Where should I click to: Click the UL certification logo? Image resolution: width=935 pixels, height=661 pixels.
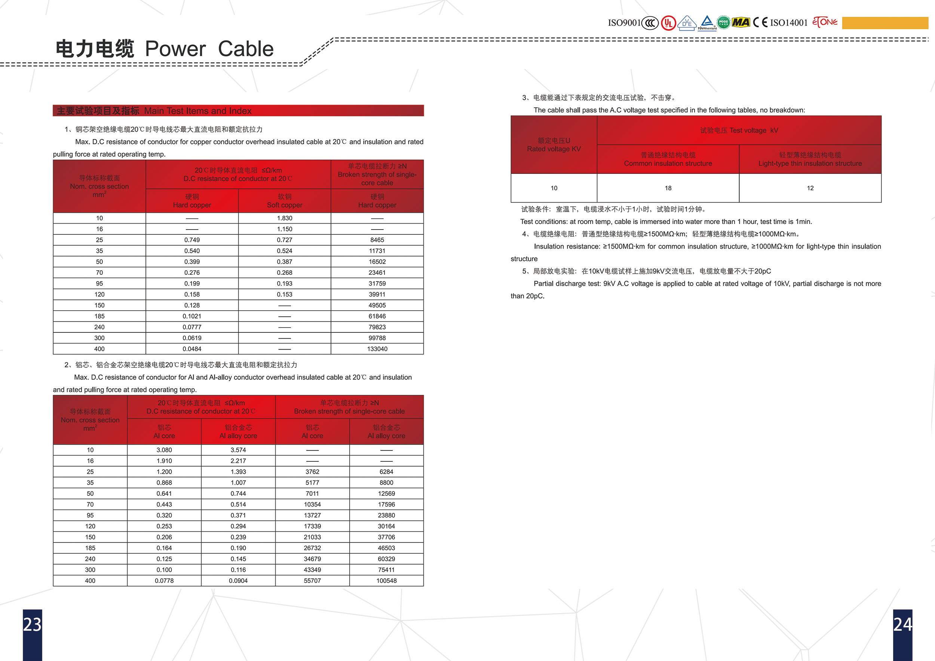tap(668, 23)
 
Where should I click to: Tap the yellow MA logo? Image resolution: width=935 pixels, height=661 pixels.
tap(741, 22)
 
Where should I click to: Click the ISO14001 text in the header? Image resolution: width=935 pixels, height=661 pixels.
tap(788, 23)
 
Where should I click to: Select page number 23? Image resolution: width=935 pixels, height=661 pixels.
tap(32, 624)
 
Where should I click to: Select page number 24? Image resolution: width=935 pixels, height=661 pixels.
tap(902, 624)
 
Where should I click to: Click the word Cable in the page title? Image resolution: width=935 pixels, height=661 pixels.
tap(246, 49)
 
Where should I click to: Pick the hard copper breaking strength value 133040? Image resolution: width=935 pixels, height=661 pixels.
tap(377, 349)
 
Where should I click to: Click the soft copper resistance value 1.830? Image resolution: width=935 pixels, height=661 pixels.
tap(284, 218)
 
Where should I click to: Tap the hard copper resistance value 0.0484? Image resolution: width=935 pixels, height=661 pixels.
tap(192, 349)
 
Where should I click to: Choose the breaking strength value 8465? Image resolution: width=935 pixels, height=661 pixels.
tap(377, 240)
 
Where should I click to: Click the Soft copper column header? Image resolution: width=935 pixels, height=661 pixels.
tap(284, 201)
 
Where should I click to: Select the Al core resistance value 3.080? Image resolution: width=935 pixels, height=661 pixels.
tap(164, 450)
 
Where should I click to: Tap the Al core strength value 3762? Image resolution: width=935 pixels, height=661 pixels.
tap(312, 472)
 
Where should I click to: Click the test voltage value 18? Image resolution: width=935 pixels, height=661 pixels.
tap(668, 188)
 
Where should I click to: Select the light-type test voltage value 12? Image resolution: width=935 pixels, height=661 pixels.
tap(810, 188)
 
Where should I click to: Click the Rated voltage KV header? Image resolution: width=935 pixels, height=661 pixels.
tap(554, 145)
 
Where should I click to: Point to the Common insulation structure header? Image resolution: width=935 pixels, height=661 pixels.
tap(668, 160)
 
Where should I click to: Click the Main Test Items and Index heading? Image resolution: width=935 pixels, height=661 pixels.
tap(197, 111)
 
